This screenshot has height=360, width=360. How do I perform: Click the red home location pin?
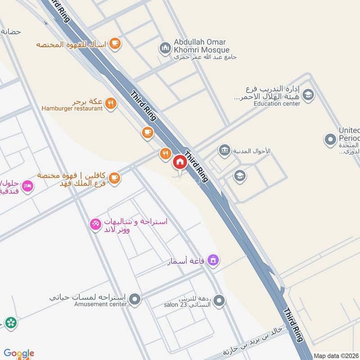180,162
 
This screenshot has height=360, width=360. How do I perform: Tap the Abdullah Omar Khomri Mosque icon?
165,47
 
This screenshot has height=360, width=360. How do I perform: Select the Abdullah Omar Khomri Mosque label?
202,46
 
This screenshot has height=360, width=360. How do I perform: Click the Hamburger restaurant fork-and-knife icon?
110,104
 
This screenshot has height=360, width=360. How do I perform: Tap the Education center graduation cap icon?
308,94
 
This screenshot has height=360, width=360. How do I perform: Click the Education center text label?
277,103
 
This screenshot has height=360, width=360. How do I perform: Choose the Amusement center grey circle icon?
134,298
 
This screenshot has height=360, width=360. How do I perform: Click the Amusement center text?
101,304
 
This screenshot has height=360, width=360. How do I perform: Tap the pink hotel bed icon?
27,186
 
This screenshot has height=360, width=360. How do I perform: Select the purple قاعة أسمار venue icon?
214,260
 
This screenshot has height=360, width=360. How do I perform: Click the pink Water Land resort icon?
95,224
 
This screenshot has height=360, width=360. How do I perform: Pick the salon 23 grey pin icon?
219,301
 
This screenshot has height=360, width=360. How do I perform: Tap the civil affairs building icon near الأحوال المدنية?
224,150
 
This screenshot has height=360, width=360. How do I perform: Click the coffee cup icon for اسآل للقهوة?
115,43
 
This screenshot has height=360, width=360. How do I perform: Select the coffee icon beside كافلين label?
114,178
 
